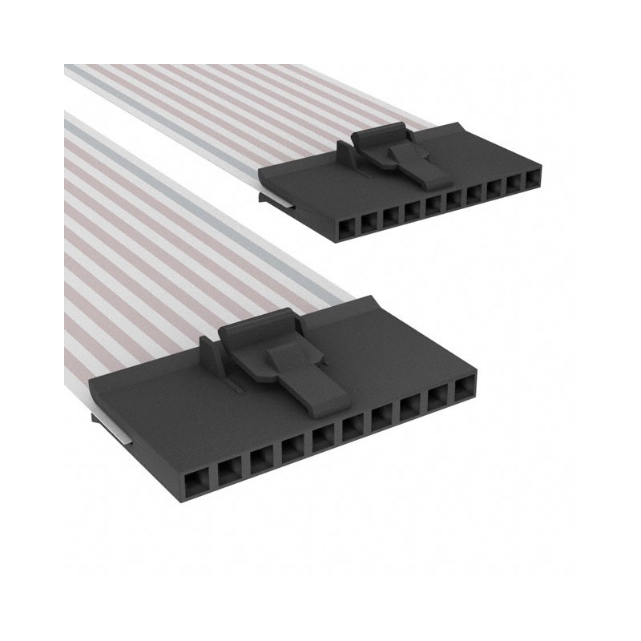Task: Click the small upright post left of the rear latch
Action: pyautogui.click(x=343, y=150)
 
